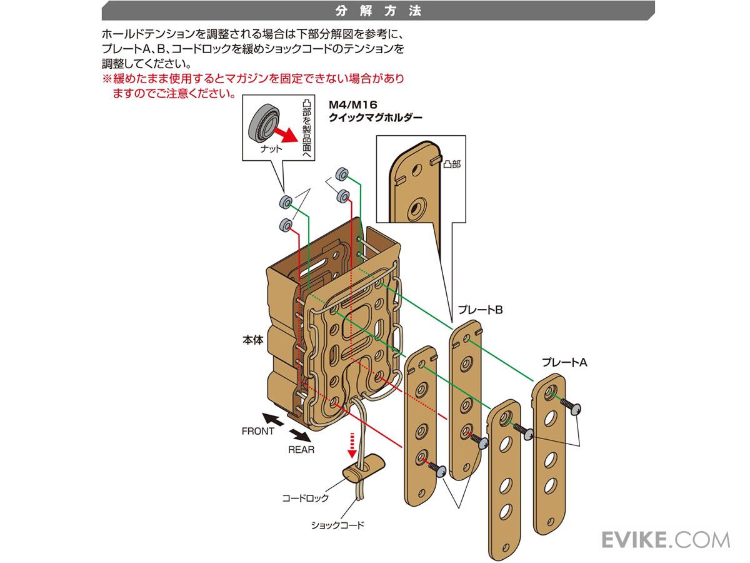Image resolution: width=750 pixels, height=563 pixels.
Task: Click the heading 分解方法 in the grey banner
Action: [378, 11]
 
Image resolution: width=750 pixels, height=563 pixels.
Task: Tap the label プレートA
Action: [565, 362]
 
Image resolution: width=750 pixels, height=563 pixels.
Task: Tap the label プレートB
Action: [480, 310]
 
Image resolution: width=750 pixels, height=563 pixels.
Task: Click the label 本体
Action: [252, 342]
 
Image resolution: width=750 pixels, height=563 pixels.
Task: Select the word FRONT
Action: [257, 431]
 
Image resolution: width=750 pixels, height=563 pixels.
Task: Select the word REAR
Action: [301, 450]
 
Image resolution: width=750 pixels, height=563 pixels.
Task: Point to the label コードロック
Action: [305, 499]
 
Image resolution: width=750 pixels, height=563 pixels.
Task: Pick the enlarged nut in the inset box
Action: [263, 123]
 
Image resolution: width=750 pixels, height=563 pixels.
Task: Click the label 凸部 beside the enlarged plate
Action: [452, 164]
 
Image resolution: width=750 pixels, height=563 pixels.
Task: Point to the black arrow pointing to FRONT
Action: [272, 418]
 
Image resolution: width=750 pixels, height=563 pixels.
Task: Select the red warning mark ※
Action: [106, 79]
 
